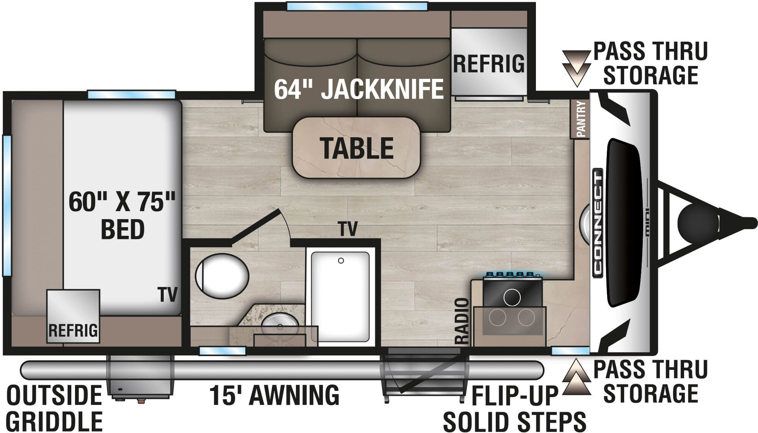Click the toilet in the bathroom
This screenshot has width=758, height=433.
[x=222, y=276]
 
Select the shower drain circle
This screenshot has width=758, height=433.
[x=341, y=260]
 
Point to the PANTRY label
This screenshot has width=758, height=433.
[x=581, y=119]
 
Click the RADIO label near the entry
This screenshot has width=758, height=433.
[x=462, y=321]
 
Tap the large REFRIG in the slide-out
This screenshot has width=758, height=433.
[x=489, y=63]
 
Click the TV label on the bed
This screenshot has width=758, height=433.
[x=168, y=295]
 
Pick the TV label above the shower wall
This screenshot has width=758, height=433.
[x=348, y=229]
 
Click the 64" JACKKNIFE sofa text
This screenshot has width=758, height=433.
[x=359, y=89]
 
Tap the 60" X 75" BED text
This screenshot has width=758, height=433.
[x=122, y=215]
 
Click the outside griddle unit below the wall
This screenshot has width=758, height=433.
[x=139, y=379]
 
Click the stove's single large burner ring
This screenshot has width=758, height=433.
[x=512, y=297]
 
